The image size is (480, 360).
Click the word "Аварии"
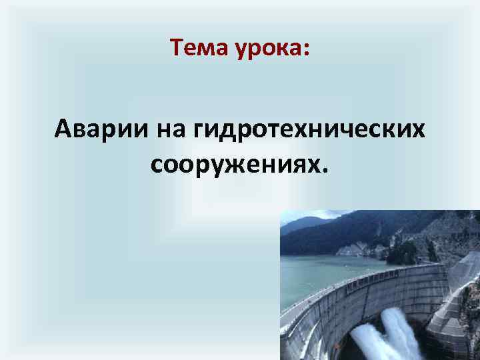pos(103,127)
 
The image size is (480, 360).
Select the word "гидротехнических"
pos(307,128)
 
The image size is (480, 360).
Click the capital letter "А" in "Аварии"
pos(63,127)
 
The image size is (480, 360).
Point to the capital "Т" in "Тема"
pos(176,47)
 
